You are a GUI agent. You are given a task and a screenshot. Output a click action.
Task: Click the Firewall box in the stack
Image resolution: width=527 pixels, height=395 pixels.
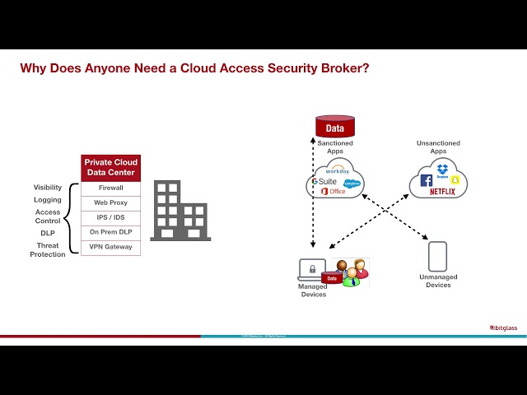[110, 188]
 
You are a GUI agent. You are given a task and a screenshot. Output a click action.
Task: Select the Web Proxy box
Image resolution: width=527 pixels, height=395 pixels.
[110, 202]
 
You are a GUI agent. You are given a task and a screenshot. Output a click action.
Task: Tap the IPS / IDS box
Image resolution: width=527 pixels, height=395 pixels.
[110, 217]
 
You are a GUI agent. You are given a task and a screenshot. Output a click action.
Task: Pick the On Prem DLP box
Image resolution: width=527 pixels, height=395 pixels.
[110, 232]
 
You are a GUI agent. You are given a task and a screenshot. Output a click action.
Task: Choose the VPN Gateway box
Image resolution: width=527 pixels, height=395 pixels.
[110, 247]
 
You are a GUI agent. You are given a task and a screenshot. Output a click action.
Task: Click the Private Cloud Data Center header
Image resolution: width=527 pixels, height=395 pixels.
[110, 168]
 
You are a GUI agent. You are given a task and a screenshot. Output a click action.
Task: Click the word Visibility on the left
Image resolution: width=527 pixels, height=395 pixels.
[48, 188]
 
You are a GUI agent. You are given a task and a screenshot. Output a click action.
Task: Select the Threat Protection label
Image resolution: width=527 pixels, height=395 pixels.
[48, 250]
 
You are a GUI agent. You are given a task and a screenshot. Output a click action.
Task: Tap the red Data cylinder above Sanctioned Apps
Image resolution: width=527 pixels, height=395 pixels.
[335, 127]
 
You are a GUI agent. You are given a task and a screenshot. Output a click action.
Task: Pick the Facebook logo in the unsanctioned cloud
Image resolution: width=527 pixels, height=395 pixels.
[427, 179]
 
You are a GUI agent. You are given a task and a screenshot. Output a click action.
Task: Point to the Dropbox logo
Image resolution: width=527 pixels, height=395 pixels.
[443, 170]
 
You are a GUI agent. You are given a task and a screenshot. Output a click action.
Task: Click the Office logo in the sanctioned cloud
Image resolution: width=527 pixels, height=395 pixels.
[333, 191]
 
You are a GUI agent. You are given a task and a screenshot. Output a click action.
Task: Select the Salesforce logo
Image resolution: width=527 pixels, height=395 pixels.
[352, 183]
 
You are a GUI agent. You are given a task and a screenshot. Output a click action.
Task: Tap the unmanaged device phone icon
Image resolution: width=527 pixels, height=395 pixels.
[437, 256]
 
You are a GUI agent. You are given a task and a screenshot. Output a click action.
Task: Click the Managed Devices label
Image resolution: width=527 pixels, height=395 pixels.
[313, 290]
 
